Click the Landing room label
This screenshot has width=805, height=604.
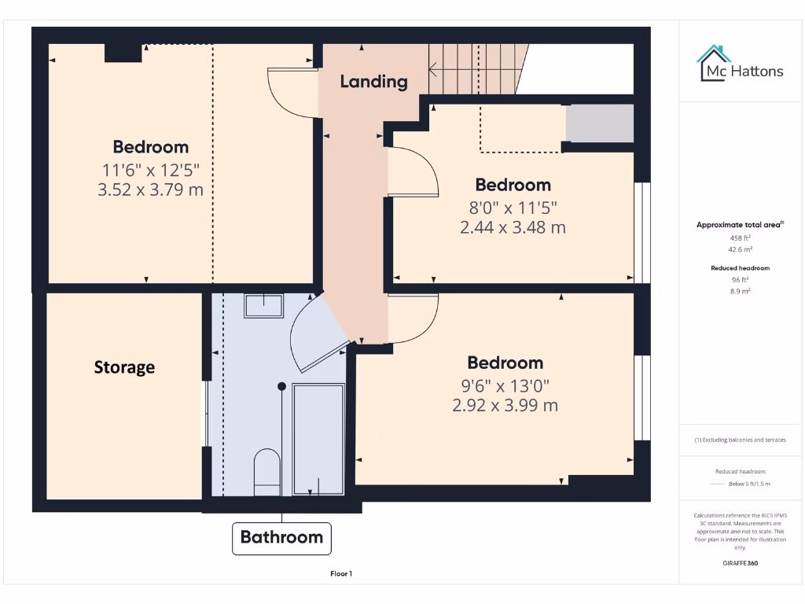373,81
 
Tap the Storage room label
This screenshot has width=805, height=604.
124,367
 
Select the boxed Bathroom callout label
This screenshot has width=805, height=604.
281,538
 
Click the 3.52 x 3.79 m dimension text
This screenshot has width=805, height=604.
150,190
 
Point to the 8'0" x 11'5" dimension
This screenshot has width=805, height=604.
513,208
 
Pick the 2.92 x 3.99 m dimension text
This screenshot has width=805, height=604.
505,406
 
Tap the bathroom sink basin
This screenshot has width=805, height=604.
263,305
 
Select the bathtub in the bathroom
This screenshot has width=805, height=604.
318,438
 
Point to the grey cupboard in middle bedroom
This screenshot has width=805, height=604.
600,123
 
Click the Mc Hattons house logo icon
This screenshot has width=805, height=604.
714,63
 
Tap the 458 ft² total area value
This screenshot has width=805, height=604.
739,238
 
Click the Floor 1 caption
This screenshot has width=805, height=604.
341,574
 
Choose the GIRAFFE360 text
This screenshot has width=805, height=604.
740,563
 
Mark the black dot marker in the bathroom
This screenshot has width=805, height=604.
281,386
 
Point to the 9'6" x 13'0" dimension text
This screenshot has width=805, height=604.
505,385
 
